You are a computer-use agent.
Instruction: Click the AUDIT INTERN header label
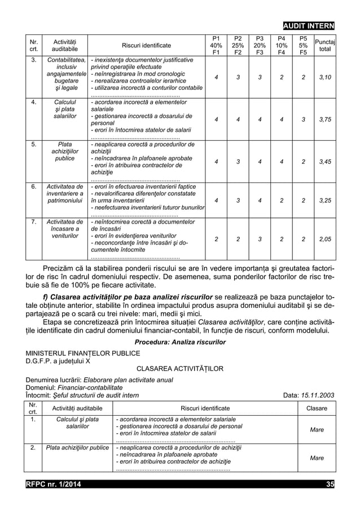(x=309, y=26)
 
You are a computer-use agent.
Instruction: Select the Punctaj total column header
(x=324, y=45)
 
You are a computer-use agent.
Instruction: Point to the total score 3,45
(x=324, y=162)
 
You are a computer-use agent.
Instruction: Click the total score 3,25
(x=324, y=200)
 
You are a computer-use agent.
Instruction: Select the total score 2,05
(x=324, y=239)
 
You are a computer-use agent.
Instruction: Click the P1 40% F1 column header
(x=216, y=45)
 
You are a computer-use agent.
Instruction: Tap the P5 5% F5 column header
(x=304, y=45)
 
